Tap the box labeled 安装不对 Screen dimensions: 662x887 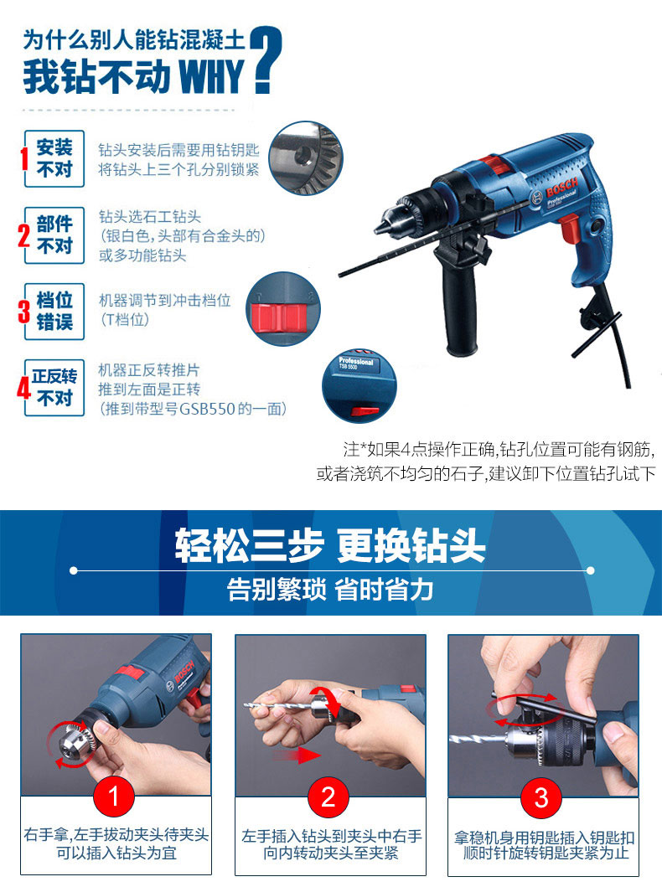click(54, 158)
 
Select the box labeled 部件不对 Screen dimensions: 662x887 click(54, 235)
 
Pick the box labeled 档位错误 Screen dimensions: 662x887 click(54, 312)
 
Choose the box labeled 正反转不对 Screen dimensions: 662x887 click(54, 388)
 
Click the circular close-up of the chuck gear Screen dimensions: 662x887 click(306, 157)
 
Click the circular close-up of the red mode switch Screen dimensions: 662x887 click(283, 309)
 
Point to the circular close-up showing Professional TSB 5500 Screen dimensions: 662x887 click(359, 386)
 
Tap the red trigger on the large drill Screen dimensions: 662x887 click(569, 227)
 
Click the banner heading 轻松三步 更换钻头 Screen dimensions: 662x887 click(330, 546)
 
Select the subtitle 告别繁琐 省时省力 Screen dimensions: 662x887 click(330, 590)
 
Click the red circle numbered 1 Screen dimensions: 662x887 click(114, 797)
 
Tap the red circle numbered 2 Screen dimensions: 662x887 click(328, 797)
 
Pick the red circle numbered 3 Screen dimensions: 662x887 click(541, 797)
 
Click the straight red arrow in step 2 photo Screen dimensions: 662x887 click(297, 755)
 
